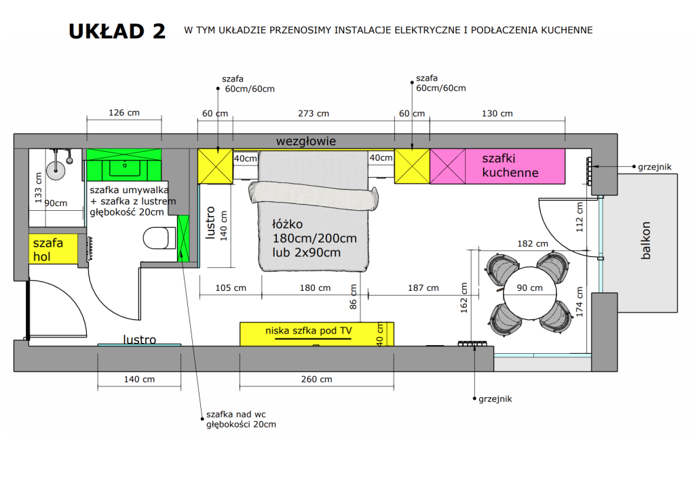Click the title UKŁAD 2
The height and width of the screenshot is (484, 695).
117,31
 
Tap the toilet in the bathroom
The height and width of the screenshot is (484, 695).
156,238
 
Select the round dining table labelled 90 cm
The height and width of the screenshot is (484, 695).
529,293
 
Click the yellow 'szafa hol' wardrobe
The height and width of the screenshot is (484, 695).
53,249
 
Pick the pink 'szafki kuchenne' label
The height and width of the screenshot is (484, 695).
510,165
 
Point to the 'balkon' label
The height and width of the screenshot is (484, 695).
646,241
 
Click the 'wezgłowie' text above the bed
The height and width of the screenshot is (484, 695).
306,141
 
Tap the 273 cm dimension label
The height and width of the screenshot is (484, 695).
314,113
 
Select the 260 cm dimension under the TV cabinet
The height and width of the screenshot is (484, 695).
316,379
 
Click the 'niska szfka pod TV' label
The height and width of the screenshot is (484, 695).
309,331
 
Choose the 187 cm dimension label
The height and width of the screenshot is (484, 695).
424,288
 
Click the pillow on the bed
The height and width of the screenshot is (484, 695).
314,197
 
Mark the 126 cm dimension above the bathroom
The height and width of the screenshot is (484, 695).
124,113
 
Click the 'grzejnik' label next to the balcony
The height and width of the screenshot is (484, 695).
655,167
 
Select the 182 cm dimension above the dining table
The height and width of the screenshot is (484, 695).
532,243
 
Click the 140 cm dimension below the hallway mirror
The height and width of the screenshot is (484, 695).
139,379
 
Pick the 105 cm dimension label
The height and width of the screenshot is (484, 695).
231,288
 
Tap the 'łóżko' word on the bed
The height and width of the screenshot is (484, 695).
287,224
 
